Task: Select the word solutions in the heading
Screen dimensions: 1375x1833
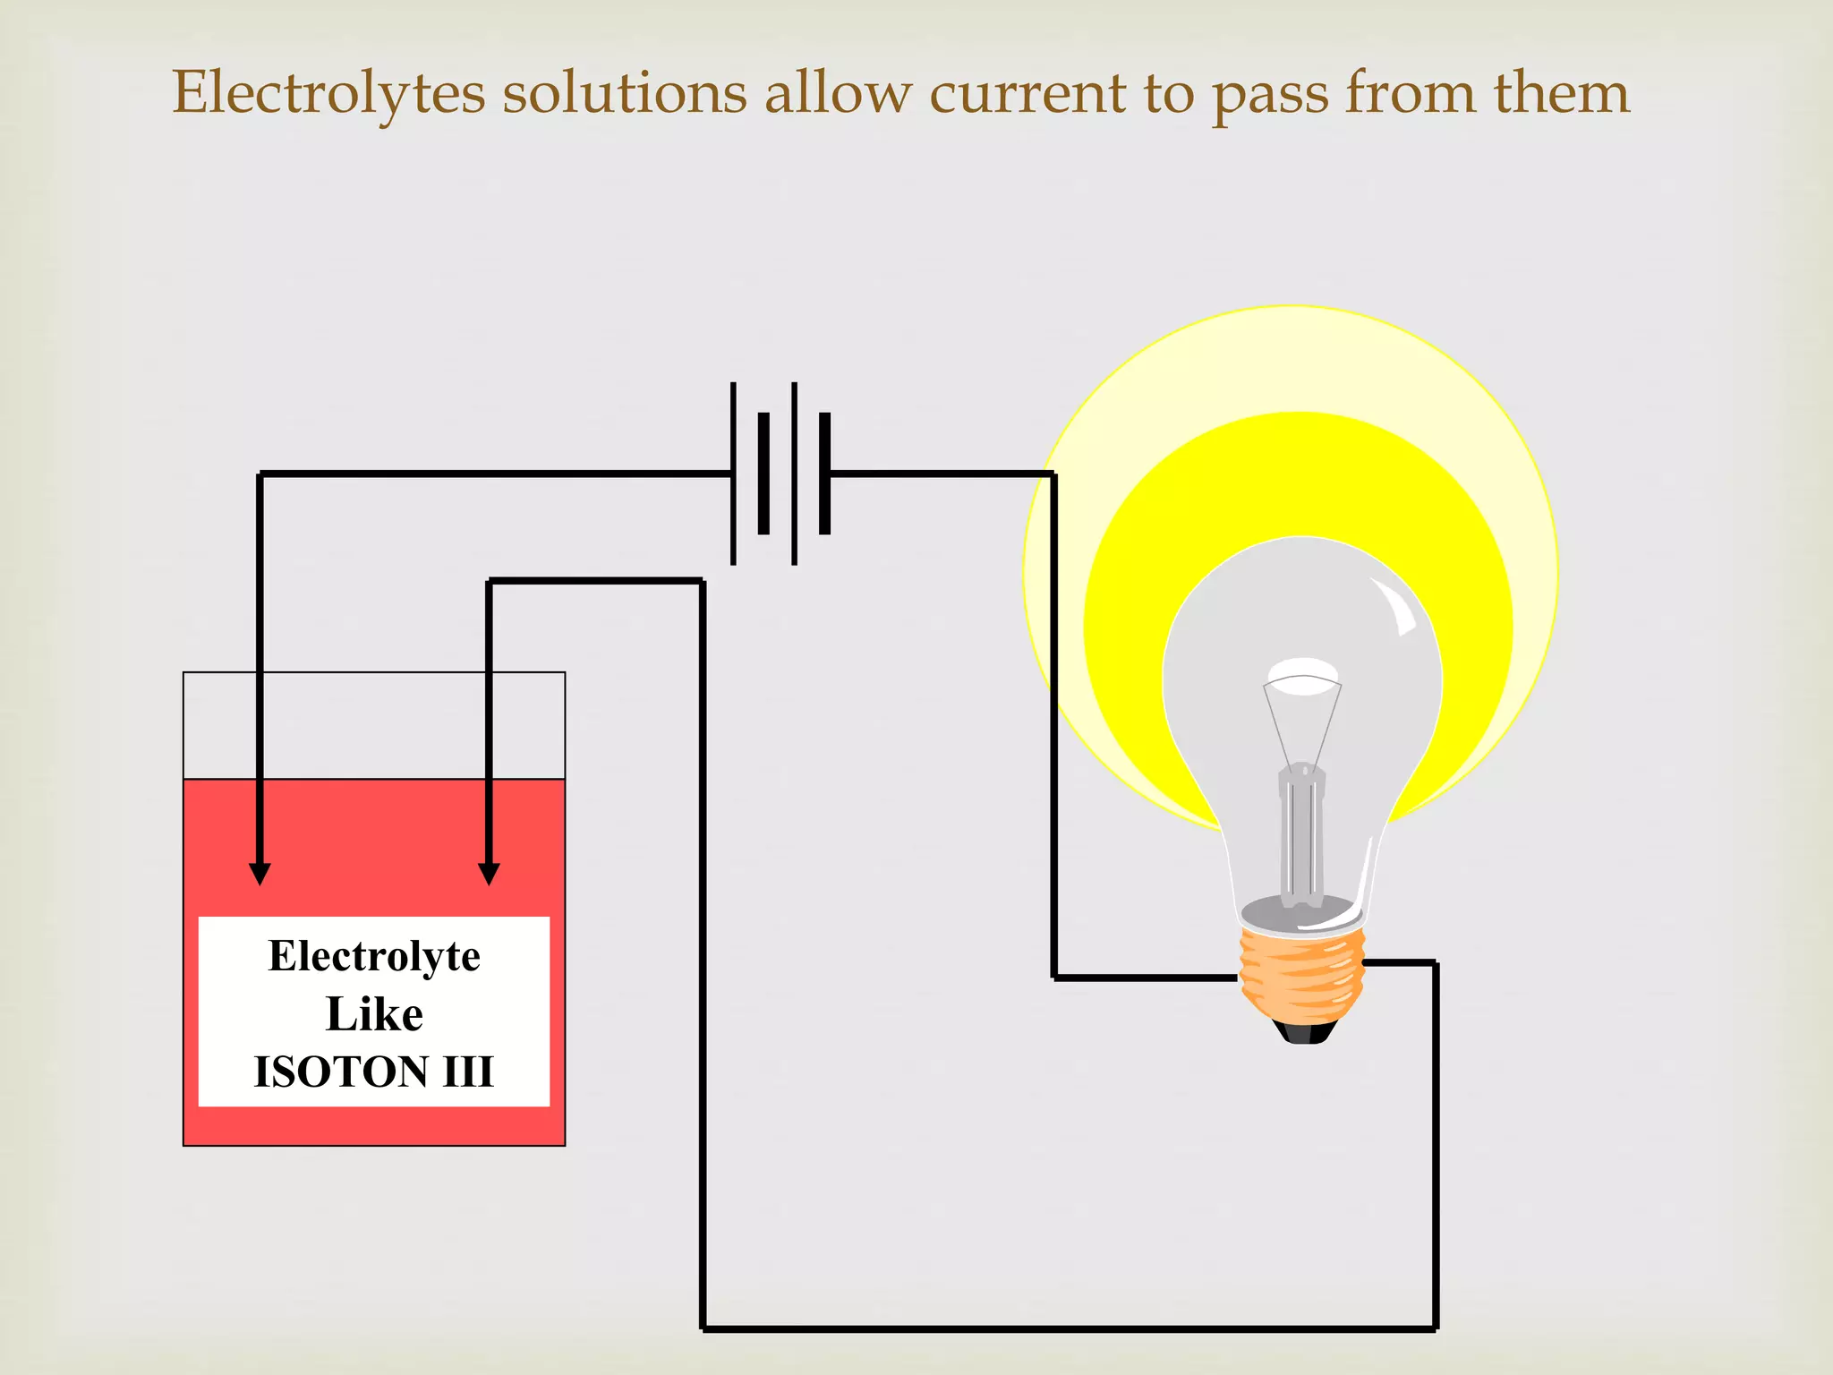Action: click(x=624, y=93)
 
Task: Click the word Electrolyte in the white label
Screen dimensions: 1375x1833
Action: click(x=374, y=956)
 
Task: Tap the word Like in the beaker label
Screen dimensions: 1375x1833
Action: click(x=374, y=1014)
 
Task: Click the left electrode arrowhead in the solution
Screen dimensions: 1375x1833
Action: click(x=260, y=873)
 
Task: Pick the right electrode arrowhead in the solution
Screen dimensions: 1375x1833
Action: click(x=489, y=873)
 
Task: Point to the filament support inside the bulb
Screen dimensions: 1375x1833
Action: click(x=1301, y=833)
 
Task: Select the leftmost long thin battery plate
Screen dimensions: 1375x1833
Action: click(x=733, y=473)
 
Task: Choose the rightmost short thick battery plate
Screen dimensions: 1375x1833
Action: click(x=824, y=473)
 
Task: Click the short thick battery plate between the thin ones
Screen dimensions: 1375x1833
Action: click(x=763, y=473)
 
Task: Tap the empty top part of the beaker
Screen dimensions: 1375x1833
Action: click(x=374, y=725)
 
